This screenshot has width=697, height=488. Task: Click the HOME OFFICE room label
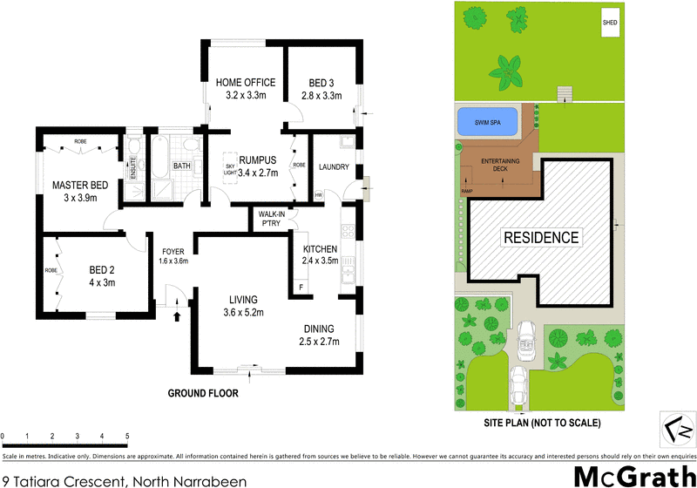(245, 83)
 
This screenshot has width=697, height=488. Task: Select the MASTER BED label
(80, 185)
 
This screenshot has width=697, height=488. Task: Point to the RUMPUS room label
(258, 159)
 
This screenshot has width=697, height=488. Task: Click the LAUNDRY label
(334, 166)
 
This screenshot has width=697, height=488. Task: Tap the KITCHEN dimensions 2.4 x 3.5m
(318, 260)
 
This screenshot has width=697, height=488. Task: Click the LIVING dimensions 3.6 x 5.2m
(245, 312)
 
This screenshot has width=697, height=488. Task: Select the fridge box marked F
(301, 287)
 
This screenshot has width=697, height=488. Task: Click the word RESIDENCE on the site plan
(539, 237)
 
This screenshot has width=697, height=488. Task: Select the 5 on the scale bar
(127, 436)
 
